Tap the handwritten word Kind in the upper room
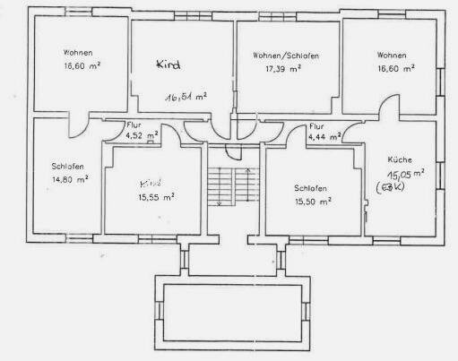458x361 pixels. tap(169, 64)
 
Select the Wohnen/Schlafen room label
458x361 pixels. tap(287, 56)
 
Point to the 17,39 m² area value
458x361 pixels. tap(286, 69)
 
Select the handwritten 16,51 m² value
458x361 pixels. tap(186, 96)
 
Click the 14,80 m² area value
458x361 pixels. tap(70, 179)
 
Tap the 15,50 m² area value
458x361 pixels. tap(313, 203)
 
